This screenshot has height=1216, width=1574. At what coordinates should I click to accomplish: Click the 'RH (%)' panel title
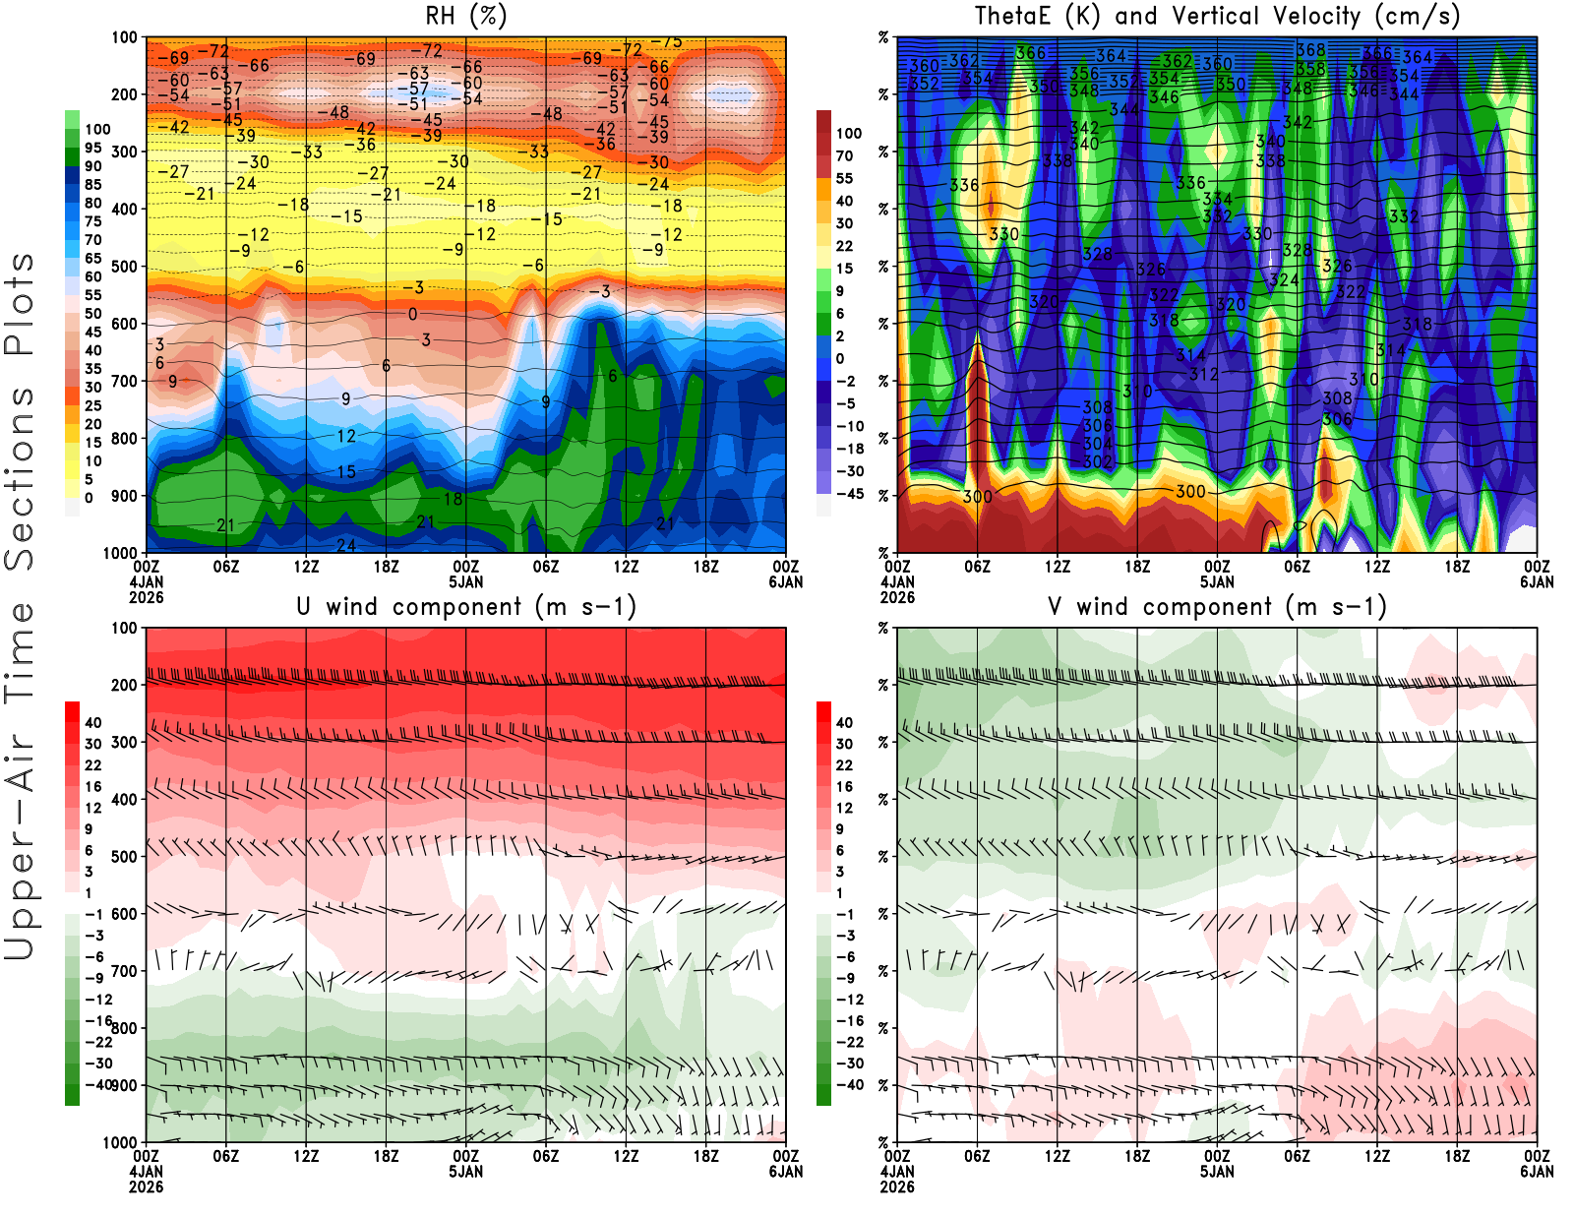coord(465,17)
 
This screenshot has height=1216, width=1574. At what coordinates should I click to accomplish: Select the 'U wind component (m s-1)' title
coord(465,607)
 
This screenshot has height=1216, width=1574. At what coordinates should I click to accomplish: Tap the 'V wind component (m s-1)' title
coord(1217,607)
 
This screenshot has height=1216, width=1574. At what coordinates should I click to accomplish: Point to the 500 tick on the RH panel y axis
coord(124,267)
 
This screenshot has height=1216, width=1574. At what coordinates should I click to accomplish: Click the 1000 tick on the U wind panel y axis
coord(120,1142)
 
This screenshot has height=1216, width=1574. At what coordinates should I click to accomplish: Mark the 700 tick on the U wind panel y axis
coord(124,971)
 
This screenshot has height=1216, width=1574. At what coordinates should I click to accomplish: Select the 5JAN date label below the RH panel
coord(465,581)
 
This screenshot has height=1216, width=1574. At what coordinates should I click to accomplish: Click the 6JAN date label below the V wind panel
coord(1537,1172)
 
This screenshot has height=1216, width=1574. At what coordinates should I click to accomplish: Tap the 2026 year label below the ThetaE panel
coord(897,597)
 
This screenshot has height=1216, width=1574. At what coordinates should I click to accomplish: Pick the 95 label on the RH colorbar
coord(92,148)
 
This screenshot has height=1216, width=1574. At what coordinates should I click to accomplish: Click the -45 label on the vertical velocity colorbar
coord(849,494)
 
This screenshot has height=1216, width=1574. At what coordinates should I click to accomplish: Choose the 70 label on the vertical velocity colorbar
coord(844,155)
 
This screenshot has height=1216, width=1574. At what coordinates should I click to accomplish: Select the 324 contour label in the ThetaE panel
coord(1284,280)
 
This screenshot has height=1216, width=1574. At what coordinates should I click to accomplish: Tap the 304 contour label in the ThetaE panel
coord(1097,444)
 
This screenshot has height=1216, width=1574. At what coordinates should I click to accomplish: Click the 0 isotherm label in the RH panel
coord(412,315)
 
